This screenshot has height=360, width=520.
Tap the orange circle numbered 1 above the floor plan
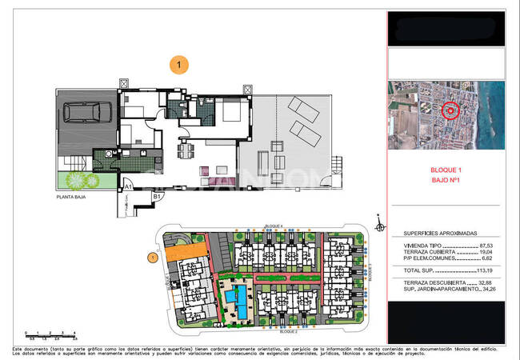click(x=179, y=63)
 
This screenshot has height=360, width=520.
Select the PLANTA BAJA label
click(x=72, y=195)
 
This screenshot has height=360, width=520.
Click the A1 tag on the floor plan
click(x=128, y=186)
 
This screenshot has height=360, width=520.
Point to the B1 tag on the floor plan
click(x=158, y=196)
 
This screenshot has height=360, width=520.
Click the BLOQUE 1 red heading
click(x=446, y=170)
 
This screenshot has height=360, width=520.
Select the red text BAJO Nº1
click(x=446, y=182)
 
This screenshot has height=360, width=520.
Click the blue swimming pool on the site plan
click(x=236, y=301)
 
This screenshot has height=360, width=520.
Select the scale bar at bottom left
click(x=49, y=333)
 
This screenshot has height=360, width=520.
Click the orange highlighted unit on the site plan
click(x=182, y=252)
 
